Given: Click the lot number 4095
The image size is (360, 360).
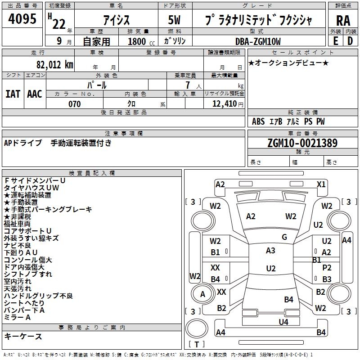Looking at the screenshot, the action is click(x=22, y=18).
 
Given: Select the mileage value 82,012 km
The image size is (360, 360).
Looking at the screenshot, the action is click(x=55, y=64).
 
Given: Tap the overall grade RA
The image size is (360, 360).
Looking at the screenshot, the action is click(x=343, y=21).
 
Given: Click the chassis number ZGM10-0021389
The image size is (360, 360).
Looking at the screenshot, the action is click(x=302, y=143).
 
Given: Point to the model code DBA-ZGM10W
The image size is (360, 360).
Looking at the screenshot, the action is click(x=258, y=41).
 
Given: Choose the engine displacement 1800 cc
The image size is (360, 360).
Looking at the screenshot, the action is click(x=141, y=41).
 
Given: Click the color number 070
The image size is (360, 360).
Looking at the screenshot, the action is click(x=74, y=104).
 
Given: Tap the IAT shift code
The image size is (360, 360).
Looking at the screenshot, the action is click(x=13, y=94).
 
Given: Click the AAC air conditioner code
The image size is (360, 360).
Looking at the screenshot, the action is click(x=35, y=94).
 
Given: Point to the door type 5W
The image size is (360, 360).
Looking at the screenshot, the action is click(x=174, y=20).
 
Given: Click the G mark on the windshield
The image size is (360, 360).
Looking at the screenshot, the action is click(x=284, y=237).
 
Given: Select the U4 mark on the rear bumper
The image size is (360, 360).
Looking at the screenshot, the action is click(x=283, y=322).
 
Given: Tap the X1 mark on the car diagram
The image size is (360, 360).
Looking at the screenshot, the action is click(x=321, y=184).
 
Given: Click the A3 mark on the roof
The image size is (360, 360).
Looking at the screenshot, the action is click(x=270, y=251).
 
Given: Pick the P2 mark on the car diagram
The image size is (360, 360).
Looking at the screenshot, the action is click(x=327, y=267).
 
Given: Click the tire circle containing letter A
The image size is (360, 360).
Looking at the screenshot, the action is click(x=203, y=294).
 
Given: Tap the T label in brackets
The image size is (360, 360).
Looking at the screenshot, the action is click(x=197, y=344).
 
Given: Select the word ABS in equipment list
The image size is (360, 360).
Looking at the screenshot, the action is click(x=258, y=121).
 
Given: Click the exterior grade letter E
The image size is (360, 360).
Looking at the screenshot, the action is click(x=335, y=41).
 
